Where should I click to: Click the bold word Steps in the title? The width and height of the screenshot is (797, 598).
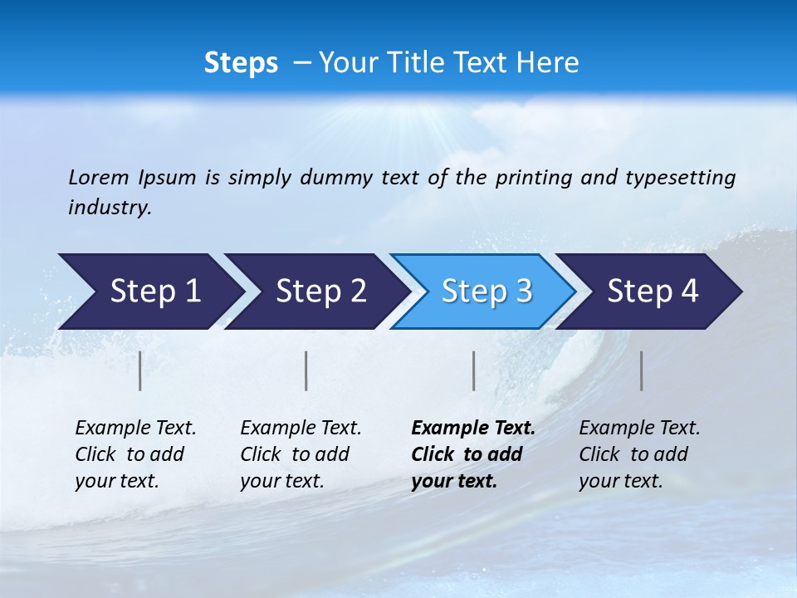(x=241, y=63)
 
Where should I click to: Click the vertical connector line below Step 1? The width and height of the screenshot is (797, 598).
(x=140, y=370)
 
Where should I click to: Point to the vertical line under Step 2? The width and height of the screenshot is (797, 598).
(x=306, y=370)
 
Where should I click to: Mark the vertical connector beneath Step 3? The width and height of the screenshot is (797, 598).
(x=474, y=370)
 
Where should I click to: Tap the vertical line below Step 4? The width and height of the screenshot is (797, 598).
(x=642, y=370)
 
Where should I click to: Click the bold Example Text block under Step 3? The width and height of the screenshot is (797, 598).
(x=473, y=454)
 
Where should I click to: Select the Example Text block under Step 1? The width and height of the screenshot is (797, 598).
(x=135, y=454)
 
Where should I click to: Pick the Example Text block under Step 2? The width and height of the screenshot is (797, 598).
(x=301, y=454)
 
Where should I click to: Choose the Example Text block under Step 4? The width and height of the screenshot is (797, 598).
(x=639, y=454)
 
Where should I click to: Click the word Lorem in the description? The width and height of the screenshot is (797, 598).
(x=99, y=177)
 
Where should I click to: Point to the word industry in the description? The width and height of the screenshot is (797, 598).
(x=110, y=207)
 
